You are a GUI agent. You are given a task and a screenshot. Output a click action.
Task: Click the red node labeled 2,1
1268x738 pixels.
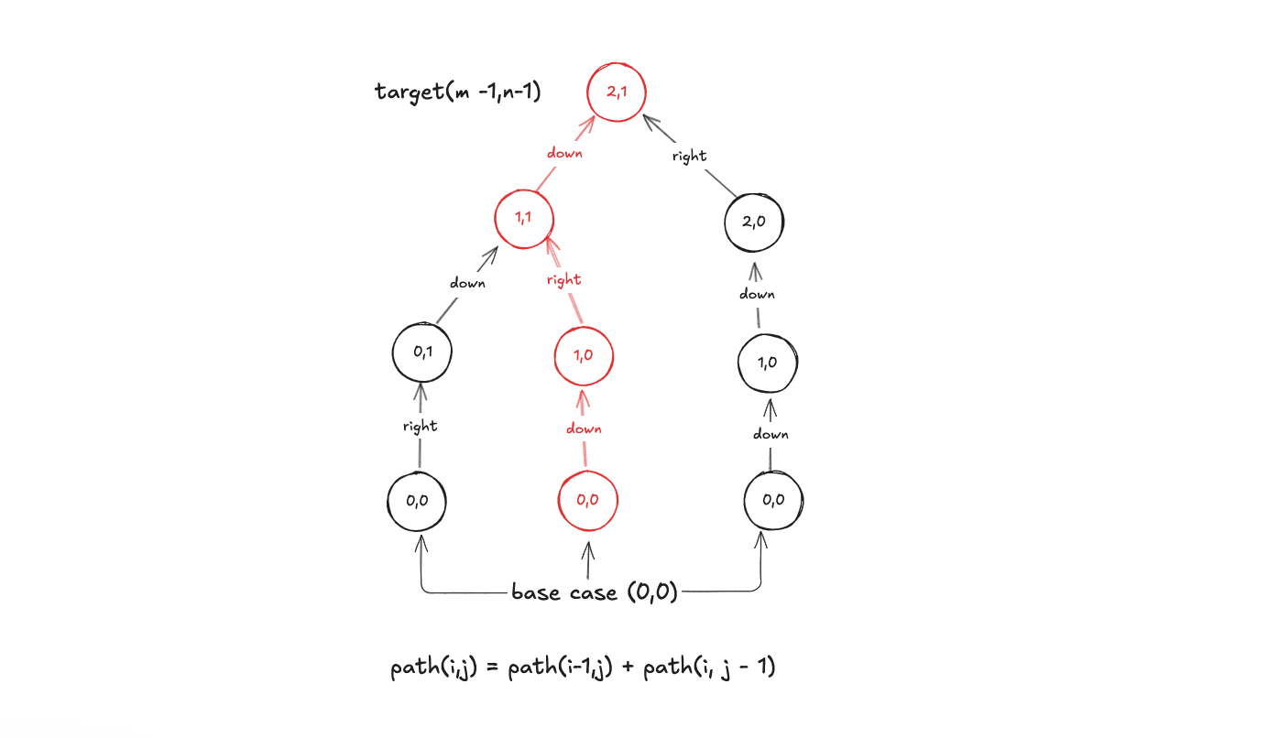click(x=617, y=92)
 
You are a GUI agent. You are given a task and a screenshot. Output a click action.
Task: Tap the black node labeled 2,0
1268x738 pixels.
click(x=754, y=222)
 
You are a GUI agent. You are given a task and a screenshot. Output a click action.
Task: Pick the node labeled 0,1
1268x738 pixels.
click(x=422, y=353)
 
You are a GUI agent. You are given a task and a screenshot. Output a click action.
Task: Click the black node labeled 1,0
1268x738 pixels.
click(x=768, y=362)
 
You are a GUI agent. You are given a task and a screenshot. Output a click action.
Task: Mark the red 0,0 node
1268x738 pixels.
click(x=588, y=500)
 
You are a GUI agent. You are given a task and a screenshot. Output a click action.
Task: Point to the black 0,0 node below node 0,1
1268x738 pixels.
click(x=417, y=501)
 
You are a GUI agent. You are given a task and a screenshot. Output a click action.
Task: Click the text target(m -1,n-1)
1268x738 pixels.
click(x=457, y=92)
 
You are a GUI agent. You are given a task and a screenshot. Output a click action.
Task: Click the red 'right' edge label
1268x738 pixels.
click(x=563, y=279)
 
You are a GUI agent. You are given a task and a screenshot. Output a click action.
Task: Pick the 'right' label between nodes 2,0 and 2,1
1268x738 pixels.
click(x=689, y=156)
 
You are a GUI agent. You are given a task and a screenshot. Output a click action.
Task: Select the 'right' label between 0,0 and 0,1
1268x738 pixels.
click(x=420, y=426)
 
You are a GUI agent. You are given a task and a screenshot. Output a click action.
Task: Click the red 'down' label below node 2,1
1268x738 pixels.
click(x=564, y=153)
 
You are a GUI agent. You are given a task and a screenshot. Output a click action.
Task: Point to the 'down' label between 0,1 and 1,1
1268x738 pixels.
click(x=467, y=283)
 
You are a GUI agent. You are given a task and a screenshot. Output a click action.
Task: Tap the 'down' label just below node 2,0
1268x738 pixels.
click(x=757, y=294)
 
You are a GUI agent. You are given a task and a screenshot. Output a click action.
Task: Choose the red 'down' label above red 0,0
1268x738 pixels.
click(x=584, y=429)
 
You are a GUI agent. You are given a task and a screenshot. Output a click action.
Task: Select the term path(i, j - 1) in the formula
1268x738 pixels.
click(x=709, y=668)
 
